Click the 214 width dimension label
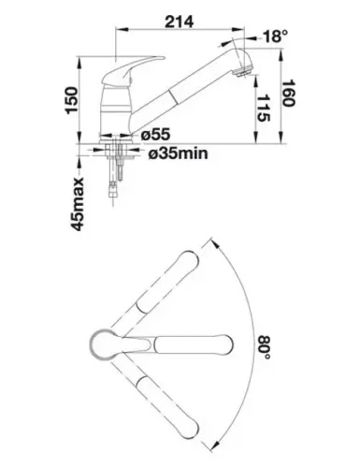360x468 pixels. coord(179,22)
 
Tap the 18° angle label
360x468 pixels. coord(275,37)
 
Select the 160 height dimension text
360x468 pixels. coord(288,94)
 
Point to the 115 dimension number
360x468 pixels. coord(263,108)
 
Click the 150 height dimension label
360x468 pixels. coord(72,100)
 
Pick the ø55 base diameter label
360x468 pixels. coord(155,135)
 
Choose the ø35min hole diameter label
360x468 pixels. coord(178,154)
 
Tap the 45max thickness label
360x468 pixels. coord(78,204)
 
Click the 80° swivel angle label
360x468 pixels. coord(264,347)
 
